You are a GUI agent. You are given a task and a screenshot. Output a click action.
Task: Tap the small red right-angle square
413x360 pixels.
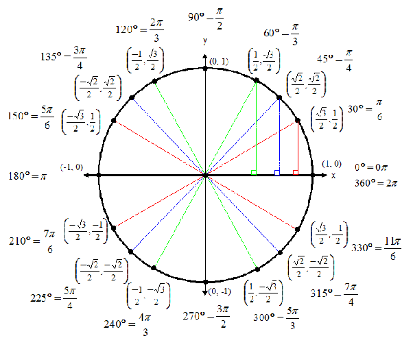pos(296,172)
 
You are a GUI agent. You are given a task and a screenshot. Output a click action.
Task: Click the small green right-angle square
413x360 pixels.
pos(254,172)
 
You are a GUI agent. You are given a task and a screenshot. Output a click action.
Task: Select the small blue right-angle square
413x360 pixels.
pos(276,172)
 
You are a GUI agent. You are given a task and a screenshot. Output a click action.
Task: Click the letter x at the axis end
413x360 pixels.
pos(334,176)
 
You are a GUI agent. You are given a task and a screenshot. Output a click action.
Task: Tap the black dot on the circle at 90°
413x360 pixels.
pos(205,68)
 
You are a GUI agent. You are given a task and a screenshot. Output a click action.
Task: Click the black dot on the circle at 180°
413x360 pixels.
pos(99,176)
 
